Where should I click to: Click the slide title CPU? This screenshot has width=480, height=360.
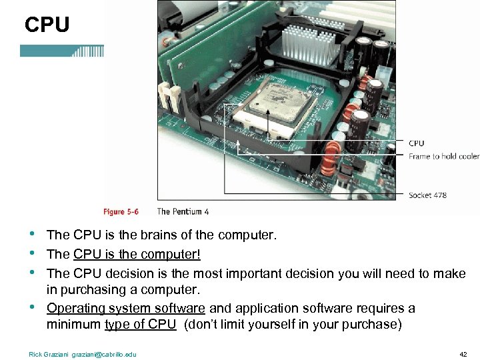coord(47,25)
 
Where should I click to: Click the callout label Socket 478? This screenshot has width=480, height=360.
coord(427,195)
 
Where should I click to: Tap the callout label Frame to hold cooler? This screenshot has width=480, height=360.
coord(443,157)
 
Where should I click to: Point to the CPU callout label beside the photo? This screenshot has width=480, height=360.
coord(416,143)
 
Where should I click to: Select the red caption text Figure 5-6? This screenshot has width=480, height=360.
coord(121,211)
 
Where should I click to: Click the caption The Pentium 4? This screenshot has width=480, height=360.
coord(183,211)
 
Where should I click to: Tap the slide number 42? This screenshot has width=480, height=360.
coord(463,354)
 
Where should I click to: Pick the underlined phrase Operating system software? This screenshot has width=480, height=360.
coord(125,308)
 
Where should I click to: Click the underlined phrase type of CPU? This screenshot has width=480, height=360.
coord(140,325)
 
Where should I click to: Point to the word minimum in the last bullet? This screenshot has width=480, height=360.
coord(73,325)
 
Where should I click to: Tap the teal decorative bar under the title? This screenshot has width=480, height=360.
coord(62,51)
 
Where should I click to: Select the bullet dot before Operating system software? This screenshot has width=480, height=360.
coord(33,308)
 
